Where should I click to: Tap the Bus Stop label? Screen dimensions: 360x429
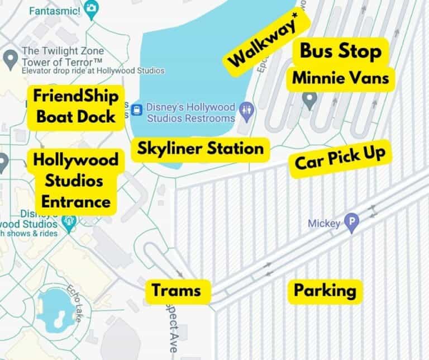pos(341,51)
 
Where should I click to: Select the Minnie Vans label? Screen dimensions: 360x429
pos(341,78)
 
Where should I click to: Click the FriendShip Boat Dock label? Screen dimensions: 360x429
pos(75,106)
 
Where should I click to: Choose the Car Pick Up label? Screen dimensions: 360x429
pos(340,159)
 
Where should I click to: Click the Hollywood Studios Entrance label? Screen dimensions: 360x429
pos(75,181)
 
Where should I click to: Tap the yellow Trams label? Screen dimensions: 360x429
pos(176,290)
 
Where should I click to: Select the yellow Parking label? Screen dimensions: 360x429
pos(325,290)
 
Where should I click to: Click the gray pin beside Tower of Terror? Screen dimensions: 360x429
pos(9,57)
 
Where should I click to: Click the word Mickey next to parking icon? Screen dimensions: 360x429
pos(324,224)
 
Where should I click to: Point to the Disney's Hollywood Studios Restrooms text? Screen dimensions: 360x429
pos(190,112)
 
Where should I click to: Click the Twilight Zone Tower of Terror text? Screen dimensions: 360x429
pos(61,56)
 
